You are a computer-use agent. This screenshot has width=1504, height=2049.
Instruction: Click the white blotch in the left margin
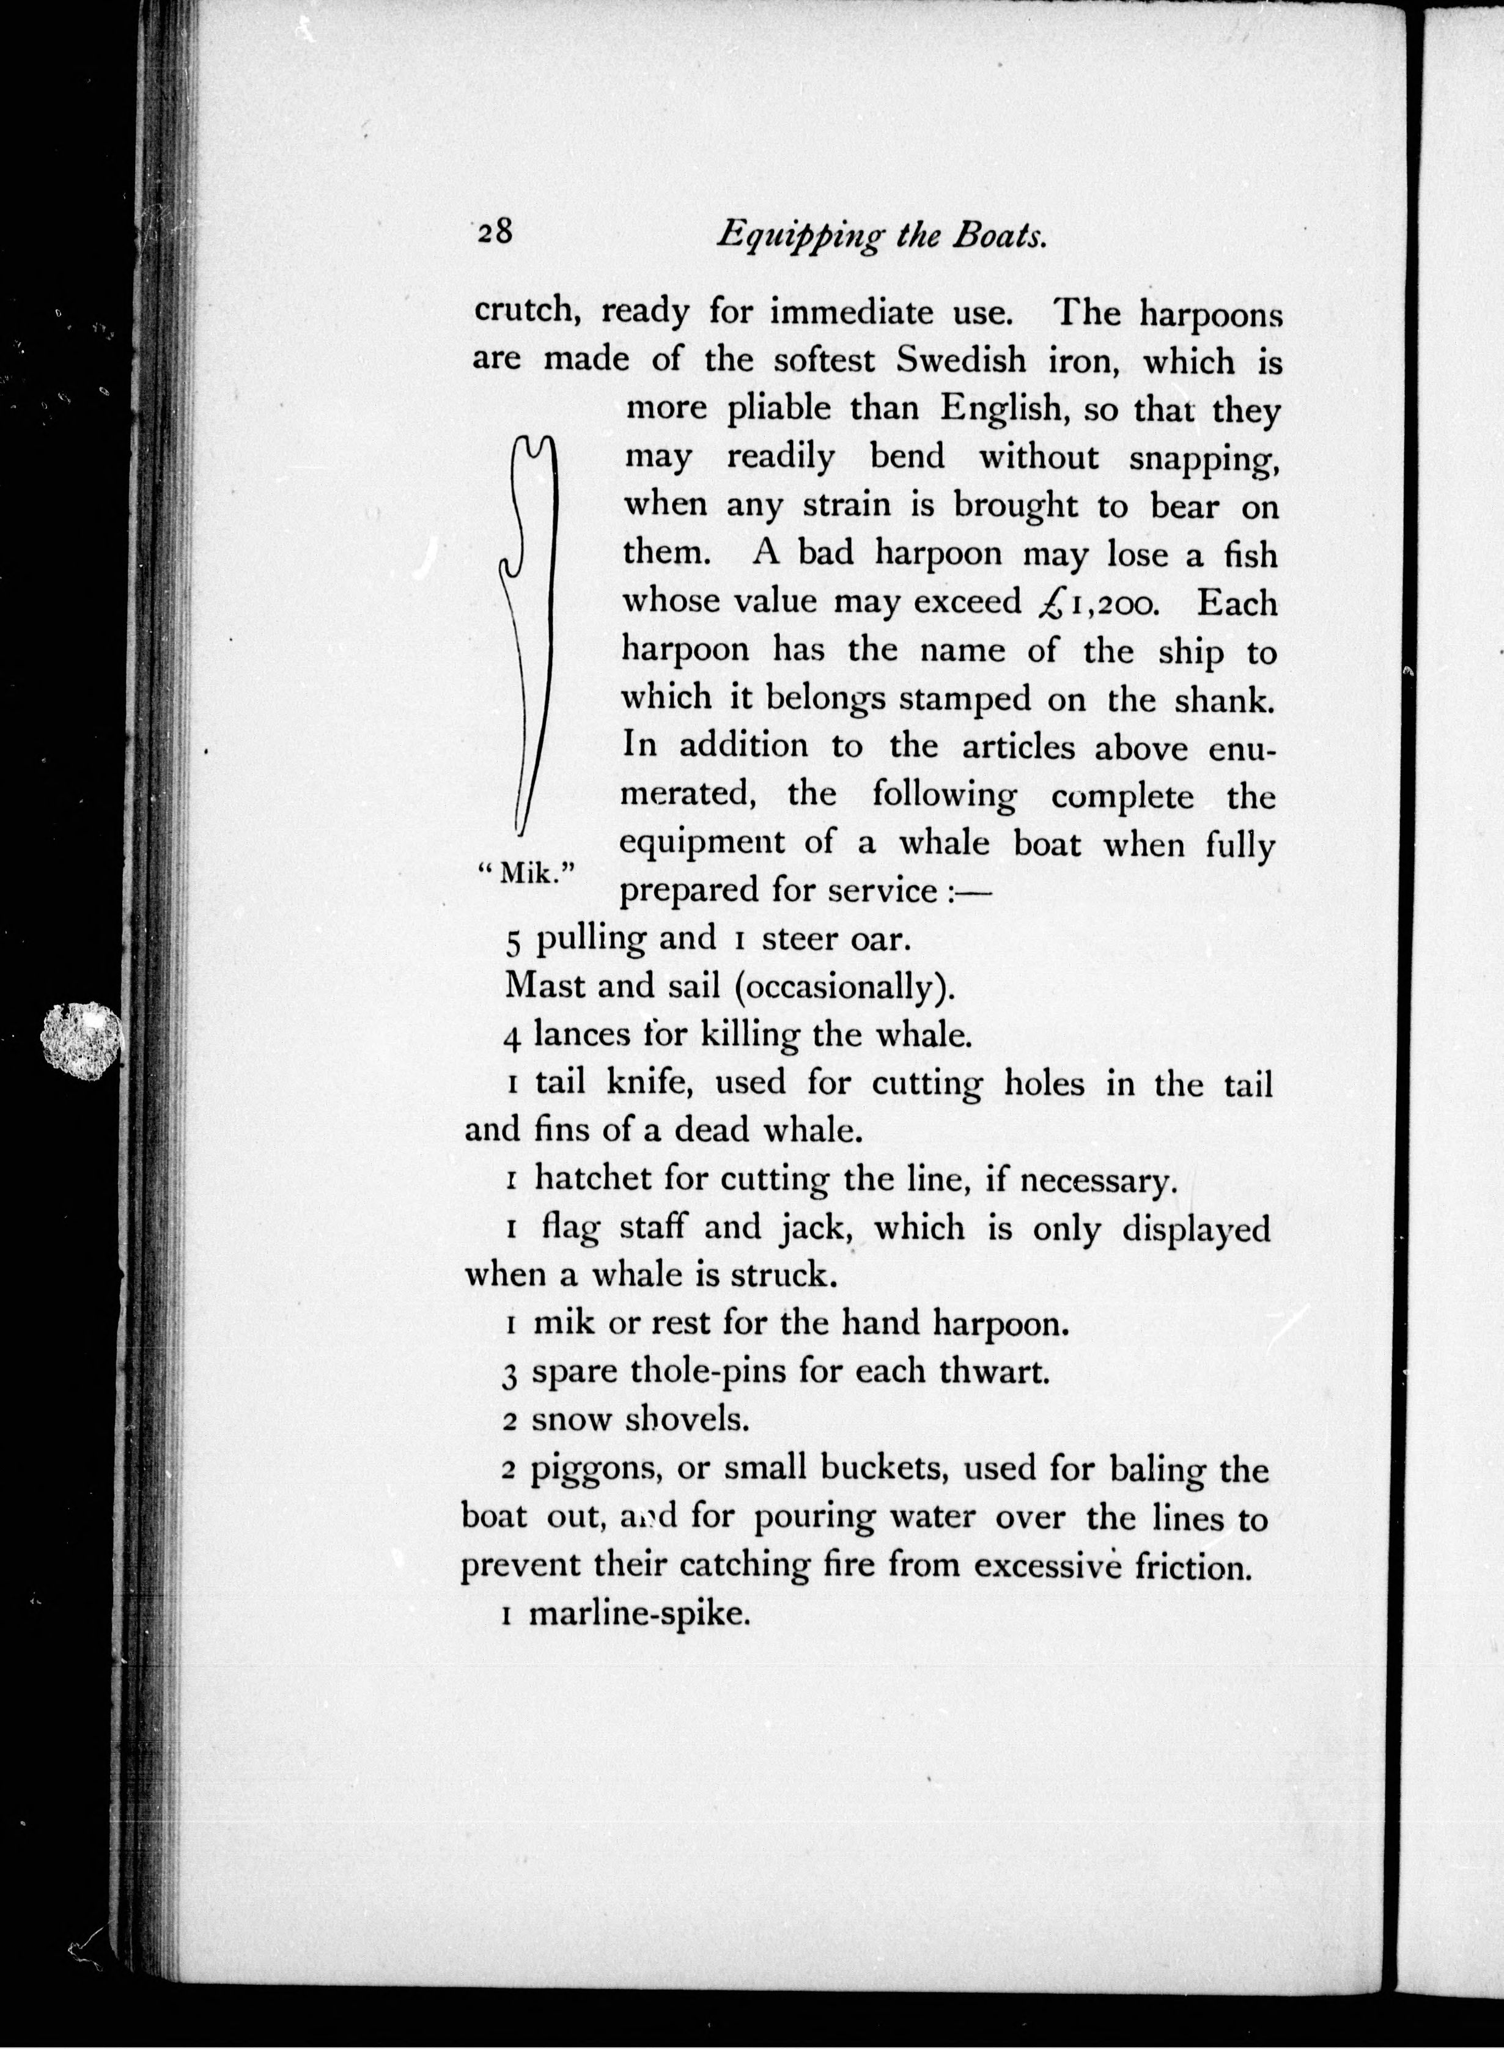pos(82,1040)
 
